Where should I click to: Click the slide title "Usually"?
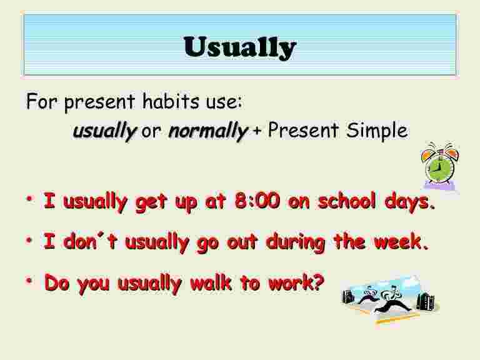[x=239, y=47]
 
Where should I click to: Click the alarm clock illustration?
[x=441, y=165]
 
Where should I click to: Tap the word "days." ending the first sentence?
[x=409, y=204]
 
